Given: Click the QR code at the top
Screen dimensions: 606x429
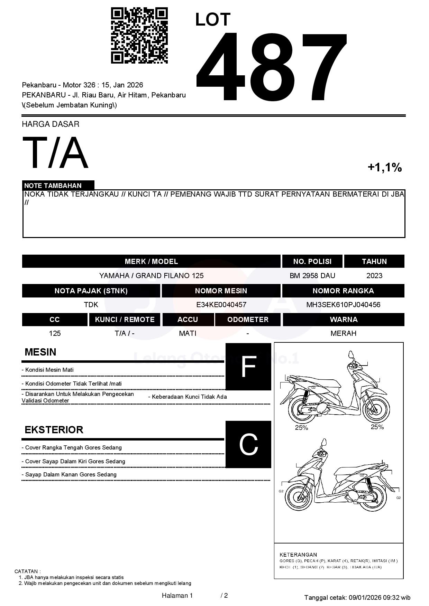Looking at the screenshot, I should (139, 36).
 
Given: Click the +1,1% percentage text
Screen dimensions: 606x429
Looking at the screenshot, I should (384, 168).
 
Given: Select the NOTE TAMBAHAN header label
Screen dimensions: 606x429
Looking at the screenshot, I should (53, 186).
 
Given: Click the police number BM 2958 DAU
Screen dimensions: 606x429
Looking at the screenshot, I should (312, 276).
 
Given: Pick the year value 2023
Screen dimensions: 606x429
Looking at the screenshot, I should (374, 276).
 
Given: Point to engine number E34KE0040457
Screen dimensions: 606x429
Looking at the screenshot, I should (221, 305).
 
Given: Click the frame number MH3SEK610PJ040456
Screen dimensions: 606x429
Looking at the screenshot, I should (343, 305).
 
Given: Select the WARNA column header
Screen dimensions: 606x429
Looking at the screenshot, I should (343, 320).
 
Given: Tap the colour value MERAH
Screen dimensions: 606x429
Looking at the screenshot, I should (343, 333).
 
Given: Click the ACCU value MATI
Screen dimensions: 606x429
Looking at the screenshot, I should (188, 333).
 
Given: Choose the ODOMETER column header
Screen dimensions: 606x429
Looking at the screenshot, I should (248, 320).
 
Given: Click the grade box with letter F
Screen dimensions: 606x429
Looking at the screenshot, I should (248, 367).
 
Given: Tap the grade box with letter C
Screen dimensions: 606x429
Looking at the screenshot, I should (248, 444).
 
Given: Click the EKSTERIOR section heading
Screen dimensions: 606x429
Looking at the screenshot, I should (54, 430).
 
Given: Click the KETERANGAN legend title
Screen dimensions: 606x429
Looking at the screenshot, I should (298, 555).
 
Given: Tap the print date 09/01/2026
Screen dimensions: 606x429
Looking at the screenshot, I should (364, 597).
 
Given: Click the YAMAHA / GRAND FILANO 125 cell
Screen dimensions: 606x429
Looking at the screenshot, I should (151, 276).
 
